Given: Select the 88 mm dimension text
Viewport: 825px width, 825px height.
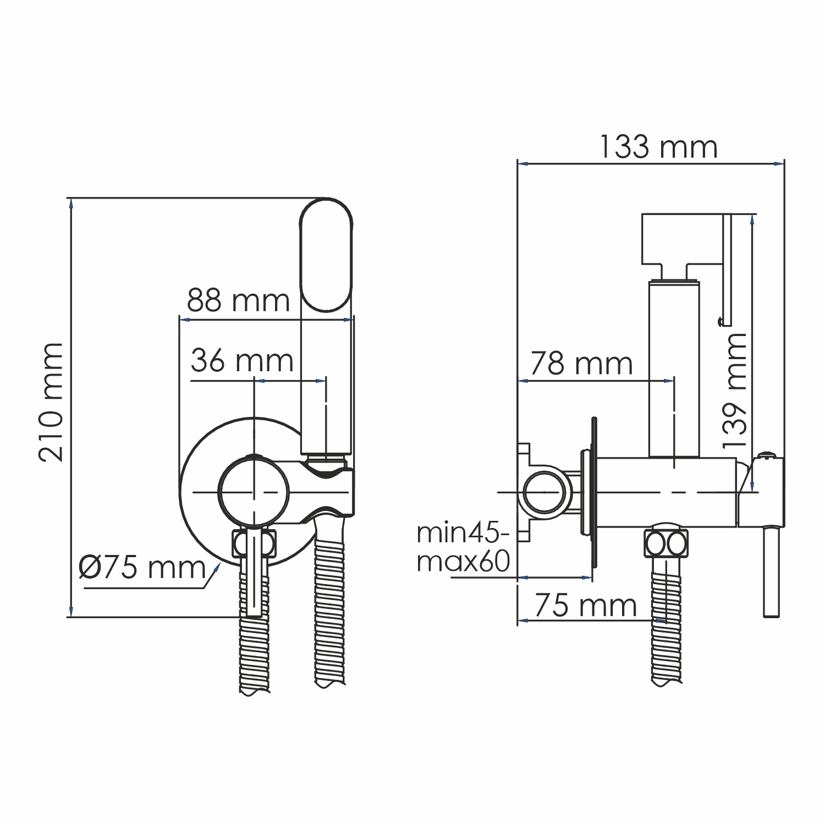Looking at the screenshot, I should [238, 300].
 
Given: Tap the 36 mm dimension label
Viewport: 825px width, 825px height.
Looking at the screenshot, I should [242, 361].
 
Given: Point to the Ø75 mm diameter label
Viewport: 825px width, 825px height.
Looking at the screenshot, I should [142, 567].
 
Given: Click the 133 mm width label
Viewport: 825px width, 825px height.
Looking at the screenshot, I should [658, 147].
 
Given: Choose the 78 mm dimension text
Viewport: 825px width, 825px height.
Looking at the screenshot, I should [581, 364].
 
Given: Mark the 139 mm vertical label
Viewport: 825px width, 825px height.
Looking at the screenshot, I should [735, 389].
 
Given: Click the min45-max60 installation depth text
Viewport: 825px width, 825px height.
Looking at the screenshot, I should [464, 548].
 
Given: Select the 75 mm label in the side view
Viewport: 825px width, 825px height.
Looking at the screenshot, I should [585, 606].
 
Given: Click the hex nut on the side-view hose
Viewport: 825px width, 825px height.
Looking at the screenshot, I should [665, 544].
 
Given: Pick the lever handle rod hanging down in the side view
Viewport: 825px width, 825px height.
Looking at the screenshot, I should [771, 572].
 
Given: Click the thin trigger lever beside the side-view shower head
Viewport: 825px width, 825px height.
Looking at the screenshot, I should [727, 269].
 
